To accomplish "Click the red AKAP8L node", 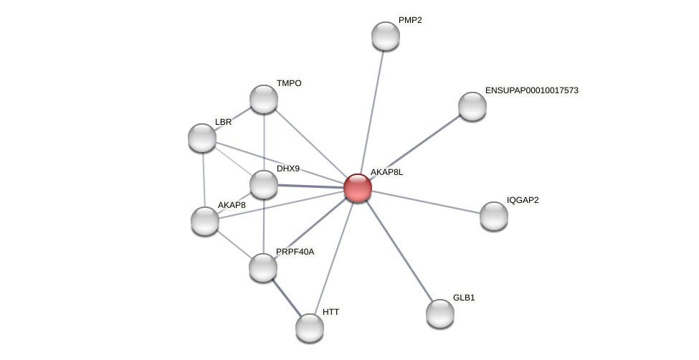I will (357, 188).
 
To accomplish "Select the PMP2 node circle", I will (386, 36).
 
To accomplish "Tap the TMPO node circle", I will (264, 99).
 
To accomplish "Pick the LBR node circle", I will (202, 138).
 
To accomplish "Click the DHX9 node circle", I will (264, 184).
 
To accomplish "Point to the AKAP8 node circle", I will (205, 221).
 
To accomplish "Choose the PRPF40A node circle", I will (263, 267).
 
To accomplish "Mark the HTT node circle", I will (310, 328).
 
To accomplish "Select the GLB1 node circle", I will (440, 313).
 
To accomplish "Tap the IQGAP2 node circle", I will (494, 216).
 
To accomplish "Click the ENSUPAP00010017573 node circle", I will (472, 106).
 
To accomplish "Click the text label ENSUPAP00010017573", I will (531, 90).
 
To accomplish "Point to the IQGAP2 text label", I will (523, 200).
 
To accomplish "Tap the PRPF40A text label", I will (295, 252).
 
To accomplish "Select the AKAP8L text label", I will (386, 172).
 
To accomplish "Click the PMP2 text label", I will (410, 20).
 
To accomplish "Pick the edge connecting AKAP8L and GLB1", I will (399, 251).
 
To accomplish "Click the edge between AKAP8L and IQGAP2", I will (426, 202).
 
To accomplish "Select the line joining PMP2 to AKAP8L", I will (371, 112).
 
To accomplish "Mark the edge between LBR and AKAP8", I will (204, 179).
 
